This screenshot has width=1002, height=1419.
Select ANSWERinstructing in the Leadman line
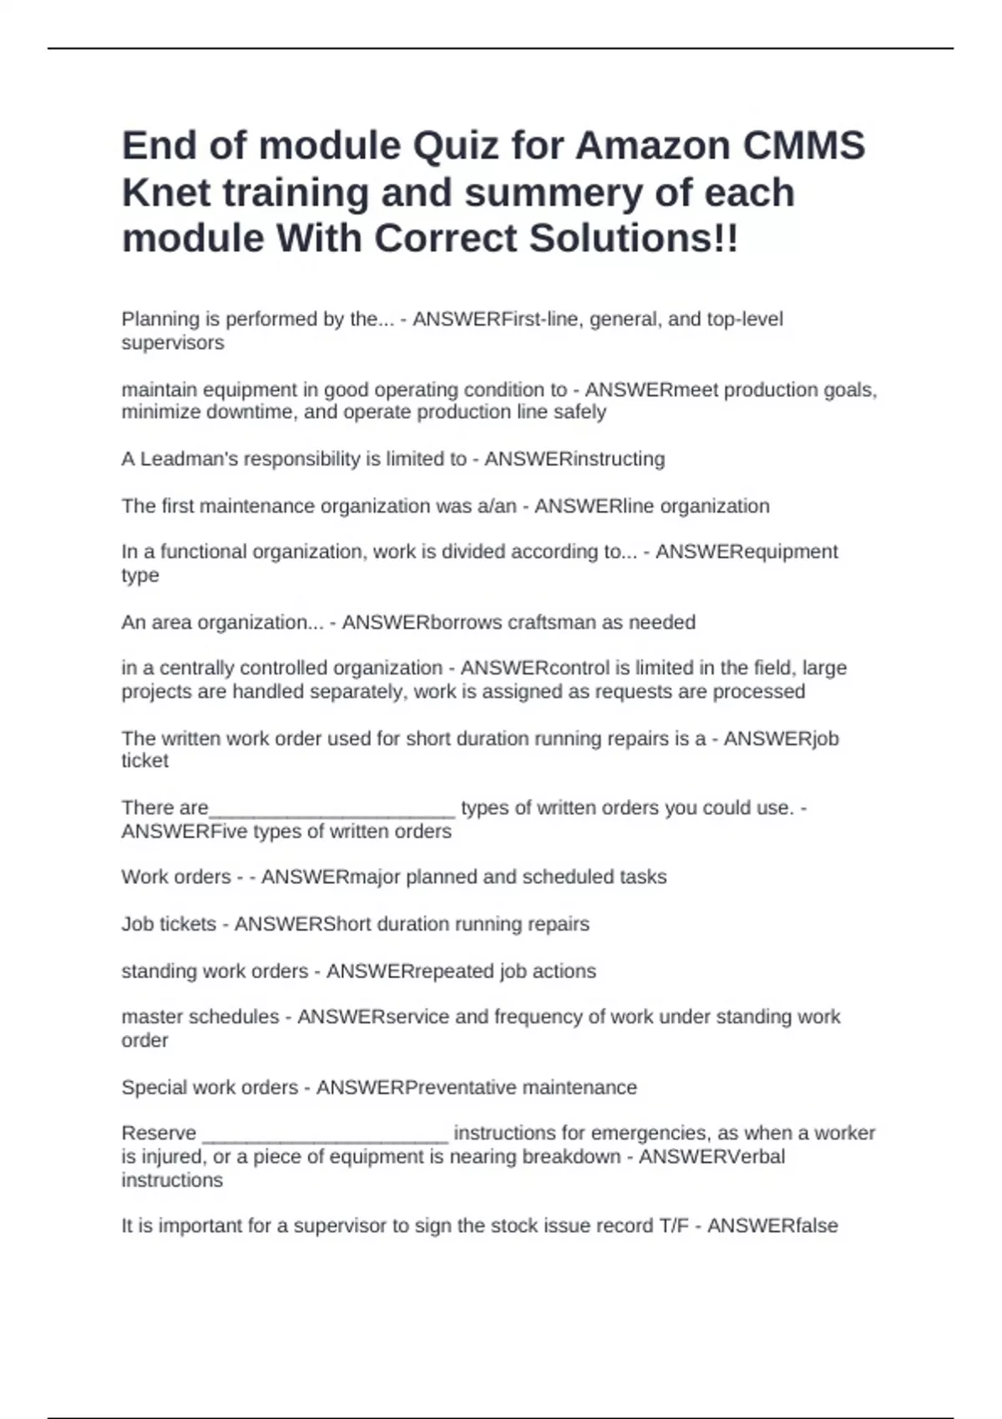pyautogui.click(x=574, y=459)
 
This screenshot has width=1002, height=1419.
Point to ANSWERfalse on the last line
pyautogui.click(x=772, y=1226)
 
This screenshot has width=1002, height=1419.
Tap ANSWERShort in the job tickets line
pyautogui.click(x=303, y=924)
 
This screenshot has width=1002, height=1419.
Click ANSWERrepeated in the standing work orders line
pyautogui.click(x=410, y=972)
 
